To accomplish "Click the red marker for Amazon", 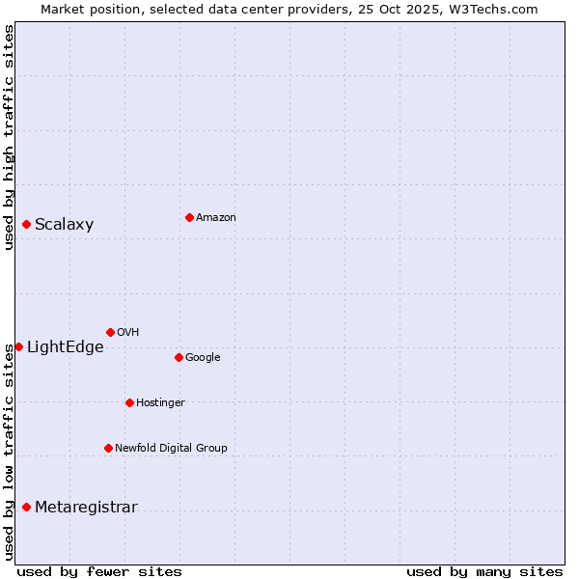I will click(x=189, y=217).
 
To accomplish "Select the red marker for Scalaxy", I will click(x=26, y=225).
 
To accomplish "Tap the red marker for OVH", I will click(x=110, y=332).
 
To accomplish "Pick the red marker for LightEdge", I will click(x=18, y=346).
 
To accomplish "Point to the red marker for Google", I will click(x=179, y=357).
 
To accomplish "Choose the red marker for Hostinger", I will click(x=129, y=402).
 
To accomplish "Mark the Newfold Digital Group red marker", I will click(x=108, y=448).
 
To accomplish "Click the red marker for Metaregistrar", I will click(x=26, y=508).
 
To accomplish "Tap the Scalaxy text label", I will click(x=64, y=225).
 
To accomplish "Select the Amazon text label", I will click(x=215, y=218).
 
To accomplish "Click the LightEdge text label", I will click(x=65, y=347).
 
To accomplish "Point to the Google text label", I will click(x=203, y=357).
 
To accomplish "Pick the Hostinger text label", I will click(x=160, y=402).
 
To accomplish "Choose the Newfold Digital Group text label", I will click(x=171, y=448).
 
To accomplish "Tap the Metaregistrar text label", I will click(x=86, y=508).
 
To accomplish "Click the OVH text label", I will click(x=127, y=333).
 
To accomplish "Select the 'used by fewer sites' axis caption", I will click(x=99, y=571).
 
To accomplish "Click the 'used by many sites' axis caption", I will click(x=484, y=571).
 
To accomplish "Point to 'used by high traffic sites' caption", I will click(x=9, y=137).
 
